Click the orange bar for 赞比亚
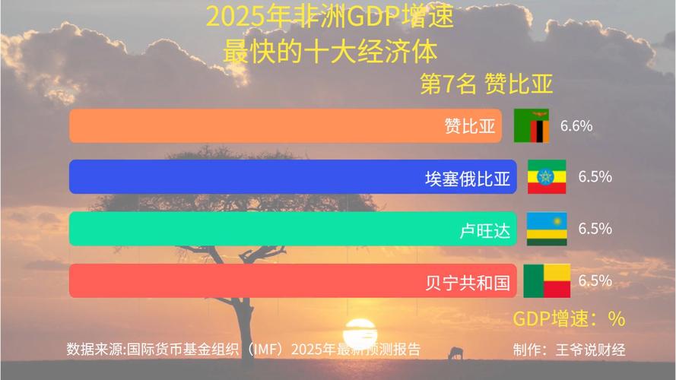pos(285,125)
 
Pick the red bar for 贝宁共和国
pos(294,280)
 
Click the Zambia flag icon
pos(532,126)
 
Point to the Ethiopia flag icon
pos(547,177)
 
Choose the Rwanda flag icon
pos(547,229)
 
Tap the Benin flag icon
pos(547,280)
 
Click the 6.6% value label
pos(576,126)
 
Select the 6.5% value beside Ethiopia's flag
pos(595,177)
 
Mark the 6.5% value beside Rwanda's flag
pos(595,229)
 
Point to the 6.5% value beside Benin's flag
pos(595,280)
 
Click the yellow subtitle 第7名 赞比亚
pos(486,84)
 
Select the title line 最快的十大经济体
pos(330,51)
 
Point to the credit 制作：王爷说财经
pos(569,350)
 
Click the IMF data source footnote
pos(243,350)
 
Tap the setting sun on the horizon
pos(360,334)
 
